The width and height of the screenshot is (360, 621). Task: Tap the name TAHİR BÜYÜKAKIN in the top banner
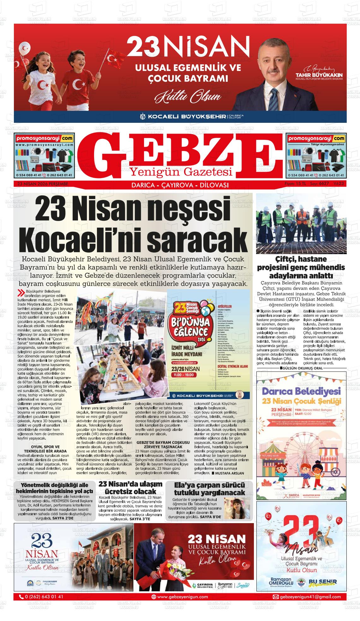[x=319, y=75]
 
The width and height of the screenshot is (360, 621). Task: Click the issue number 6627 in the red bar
[x=324, y=184]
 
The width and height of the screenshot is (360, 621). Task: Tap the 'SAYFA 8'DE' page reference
[x=211, y=517]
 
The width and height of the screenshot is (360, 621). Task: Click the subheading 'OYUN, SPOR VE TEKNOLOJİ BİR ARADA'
[x=45, y=449]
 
